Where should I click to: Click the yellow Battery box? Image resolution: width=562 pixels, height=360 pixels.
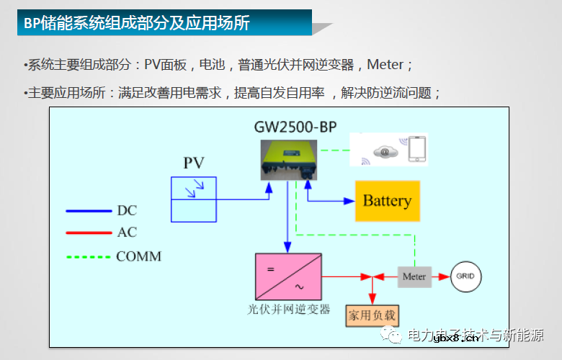[x=387, y=201]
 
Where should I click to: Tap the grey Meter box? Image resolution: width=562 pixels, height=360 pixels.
[x=414, y=276]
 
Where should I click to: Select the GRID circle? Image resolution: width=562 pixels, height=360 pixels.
[x=465, y=276]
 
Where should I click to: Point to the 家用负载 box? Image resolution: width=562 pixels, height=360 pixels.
[x=372, y=315]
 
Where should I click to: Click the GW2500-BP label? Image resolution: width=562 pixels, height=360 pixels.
[x=295, y=127]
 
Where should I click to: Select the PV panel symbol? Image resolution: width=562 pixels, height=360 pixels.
[x=193, y=199]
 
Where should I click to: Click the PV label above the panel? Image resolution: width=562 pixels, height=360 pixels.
[x=194, y=163]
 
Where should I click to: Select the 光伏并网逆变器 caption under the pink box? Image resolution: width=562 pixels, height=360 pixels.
[x=288, y=309]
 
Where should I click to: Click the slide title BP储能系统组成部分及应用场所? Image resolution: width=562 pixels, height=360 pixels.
[x=137, y=23]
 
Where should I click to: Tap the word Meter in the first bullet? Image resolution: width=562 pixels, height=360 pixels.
[x=385, y=65]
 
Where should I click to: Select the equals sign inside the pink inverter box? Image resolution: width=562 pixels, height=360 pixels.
[x=271, y=269]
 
